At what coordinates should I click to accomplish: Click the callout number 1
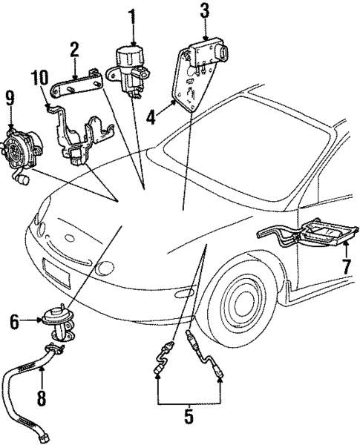[x=131, y=15]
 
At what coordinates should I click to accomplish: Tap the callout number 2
[x=74, y=50]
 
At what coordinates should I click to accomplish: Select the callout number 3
[x=204, y=10]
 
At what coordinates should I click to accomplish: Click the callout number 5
[x=189, y=417]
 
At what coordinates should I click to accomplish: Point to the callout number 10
[x=38, y=78]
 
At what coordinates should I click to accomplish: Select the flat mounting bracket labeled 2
[x=82, y=85]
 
